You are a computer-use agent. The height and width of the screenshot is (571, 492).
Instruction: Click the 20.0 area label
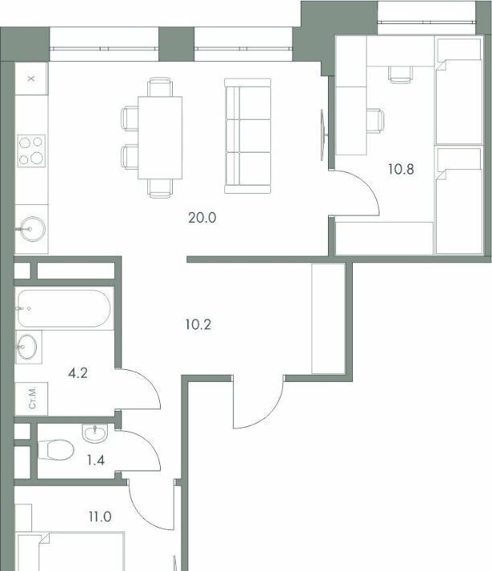(203, 218)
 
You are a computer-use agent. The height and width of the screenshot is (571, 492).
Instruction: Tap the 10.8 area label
(400, 170)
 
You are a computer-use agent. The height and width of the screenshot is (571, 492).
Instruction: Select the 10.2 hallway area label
(198, 324)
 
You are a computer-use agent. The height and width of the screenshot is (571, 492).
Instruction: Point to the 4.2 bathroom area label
(78, 373)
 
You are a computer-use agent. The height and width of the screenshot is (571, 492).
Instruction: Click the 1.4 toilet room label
(96, 460)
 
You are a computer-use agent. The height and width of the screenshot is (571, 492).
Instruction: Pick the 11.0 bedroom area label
(100, 516)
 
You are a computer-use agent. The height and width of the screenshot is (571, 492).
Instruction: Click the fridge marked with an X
(31, 79)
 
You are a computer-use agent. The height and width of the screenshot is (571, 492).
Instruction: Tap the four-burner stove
(31, 150)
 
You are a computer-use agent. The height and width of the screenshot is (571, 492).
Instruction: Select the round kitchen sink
(32, 229)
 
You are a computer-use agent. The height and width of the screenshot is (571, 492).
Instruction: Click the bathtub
(64, 309)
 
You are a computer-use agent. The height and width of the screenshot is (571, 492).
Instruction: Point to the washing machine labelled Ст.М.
(31, 398)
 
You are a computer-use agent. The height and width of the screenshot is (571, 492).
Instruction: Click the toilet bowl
(55, 450)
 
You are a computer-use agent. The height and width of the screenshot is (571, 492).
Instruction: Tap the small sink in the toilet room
(95, 433)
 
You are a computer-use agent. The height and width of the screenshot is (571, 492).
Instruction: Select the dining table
(160, 138)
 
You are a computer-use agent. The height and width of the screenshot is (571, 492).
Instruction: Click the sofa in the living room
(248, 136)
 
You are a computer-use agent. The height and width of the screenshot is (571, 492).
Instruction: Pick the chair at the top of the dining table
(160, 87)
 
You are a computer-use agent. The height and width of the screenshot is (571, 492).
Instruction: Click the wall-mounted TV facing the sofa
(323, 135)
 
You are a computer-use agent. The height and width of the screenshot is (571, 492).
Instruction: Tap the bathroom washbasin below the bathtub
(27, 347)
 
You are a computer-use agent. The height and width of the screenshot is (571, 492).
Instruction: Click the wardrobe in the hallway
(328, 318)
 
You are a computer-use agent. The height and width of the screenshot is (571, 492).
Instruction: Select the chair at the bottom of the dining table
(160, 189)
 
